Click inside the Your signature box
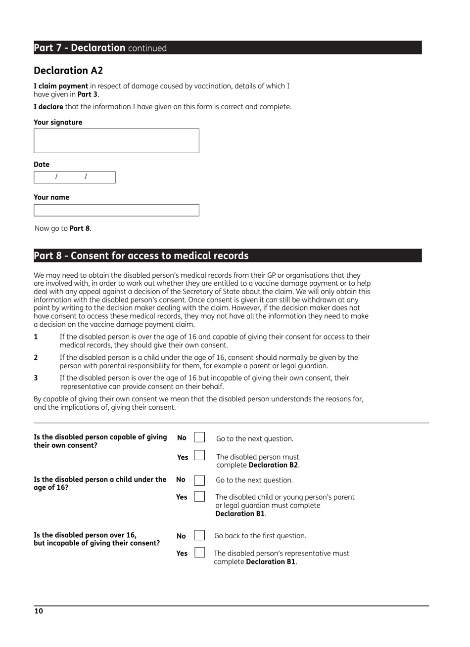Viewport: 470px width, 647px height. point(116,141)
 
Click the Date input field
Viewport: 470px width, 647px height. point(74,177)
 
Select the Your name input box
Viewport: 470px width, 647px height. point(116,210)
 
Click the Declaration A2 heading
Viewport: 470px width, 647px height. point(68,71)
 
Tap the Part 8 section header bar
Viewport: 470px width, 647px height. point(228,256)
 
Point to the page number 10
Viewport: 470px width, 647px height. point(39,611)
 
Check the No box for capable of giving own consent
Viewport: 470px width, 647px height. point(199,437)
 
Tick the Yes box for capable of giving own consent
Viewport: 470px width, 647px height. point(199,455)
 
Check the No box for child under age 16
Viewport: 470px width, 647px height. point(199,480)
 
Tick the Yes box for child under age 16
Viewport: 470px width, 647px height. point(199,496)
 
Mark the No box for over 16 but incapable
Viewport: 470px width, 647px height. point(199,535)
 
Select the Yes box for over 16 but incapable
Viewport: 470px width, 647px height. point(199,553)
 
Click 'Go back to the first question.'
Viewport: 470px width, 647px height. point(260,536)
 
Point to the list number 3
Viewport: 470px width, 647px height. point(36,378)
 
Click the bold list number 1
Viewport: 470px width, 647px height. point(36,337)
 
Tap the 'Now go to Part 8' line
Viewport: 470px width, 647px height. point(63,228)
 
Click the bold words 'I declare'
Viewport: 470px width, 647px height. point(48,107)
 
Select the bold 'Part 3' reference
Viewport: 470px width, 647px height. point(88,94)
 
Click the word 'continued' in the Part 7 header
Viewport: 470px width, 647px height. point(147,48)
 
